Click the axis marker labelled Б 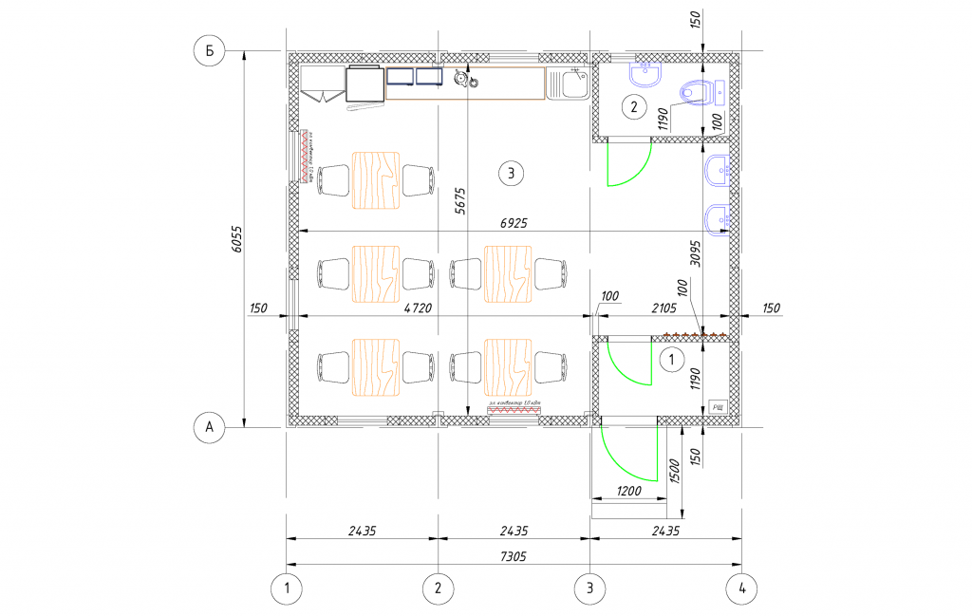point(209,51)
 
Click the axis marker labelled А point(209,428)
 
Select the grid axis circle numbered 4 point(741,588)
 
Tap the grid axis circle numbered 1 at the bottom point(287,588)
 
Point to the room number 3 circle point(511,173)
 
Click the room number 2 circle point(634,106)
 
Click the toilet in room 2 point(698,92)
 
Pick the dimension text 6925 point(514,222)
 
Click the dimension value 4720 point(413,308)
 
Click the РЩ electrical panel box point(718,408)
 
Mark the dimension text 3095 point(695,257)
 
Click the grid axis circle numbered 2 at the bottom point(438,588)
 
